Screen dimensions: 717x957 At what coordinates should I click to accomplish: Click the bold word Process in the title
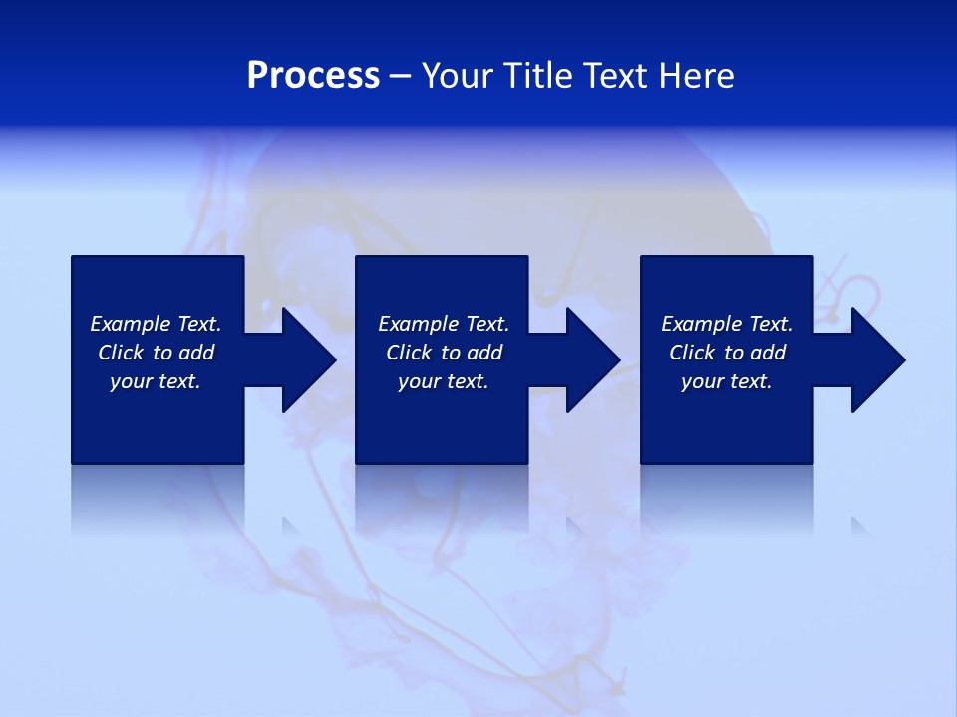[x=313, y=76]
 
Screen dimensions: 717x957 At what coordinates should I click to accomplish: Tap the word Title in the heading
[x=534, y=76]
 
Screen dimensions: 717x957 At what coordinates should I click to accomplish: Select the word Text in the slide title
[x=613, y=76]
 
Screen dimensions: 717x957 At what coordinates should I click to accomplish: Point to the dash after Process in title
[x=401, y=77]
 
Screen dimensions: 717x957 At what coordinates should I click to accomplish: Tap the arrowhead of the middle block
[x=591, y=359]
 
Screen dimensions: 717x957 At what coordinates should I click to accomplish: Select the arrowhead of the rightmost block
[x=876, y=359]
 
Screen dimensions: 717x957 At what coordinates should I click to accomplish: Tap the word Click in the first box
[x=121, y=353]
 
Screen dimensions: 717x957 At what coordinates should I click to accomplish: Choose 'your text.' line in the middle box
[x=443, y=381]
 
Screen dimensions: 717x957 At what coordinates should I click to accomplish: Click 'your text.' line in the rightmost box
[x=726, y=381]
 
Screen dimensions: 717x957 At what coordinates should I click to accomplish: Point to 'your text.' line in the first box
[x=156, y=381]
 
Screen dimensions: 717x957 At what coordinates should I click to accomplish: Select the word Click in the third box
[x=692, y=353]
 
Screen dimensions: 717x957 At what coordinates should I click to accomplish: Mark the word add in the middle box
[x=484, y=353]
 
